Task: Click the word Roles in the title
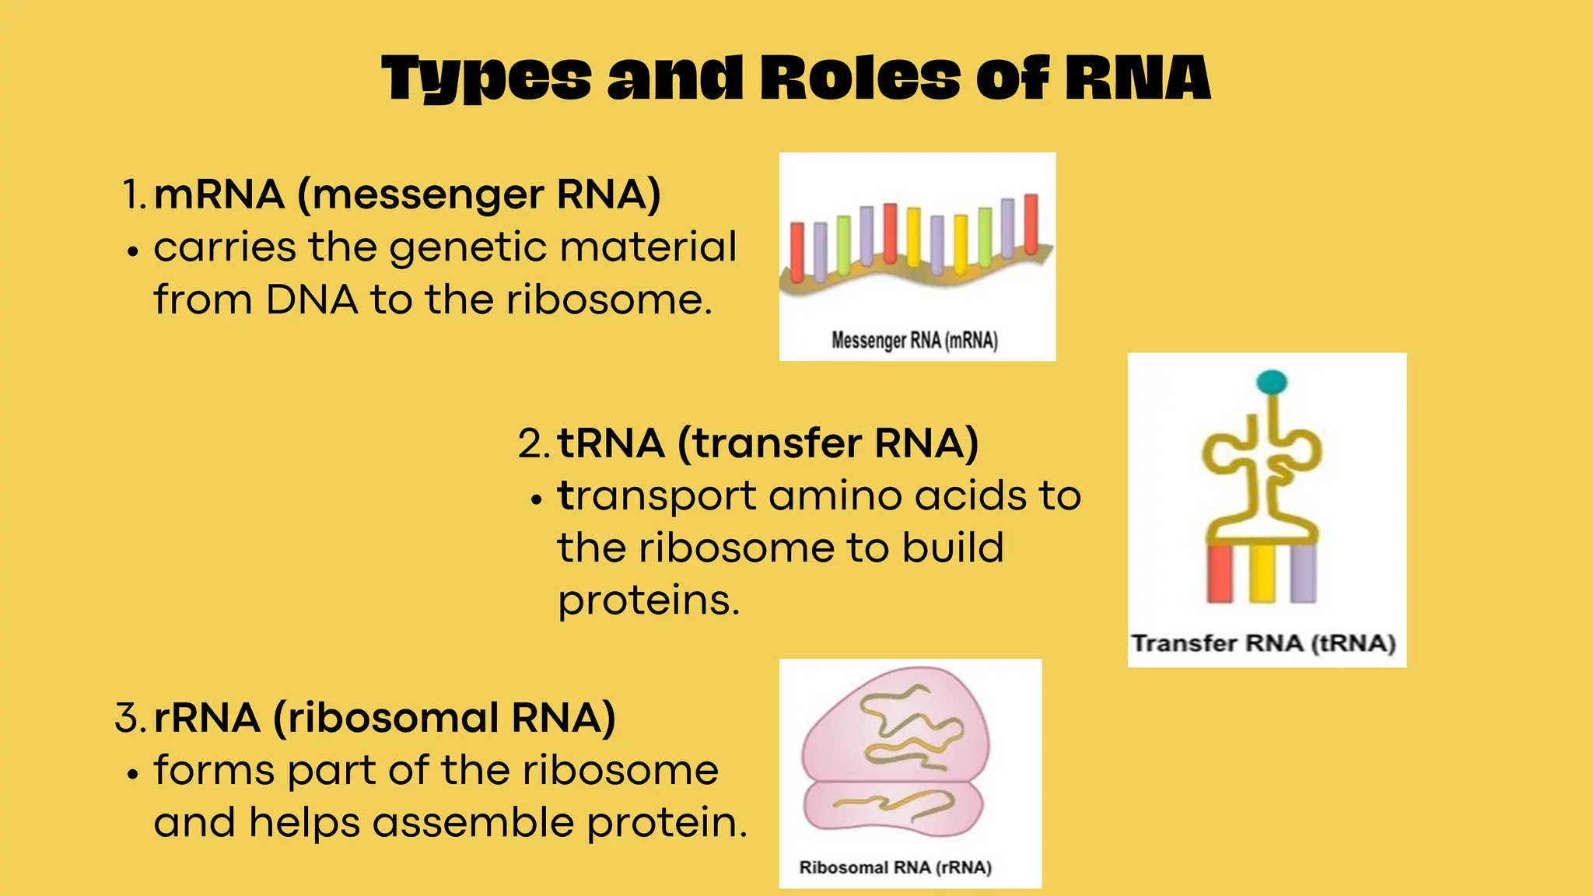860,79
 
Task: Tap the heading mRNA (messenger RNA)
407,194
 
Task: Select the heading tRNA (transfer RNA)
767,443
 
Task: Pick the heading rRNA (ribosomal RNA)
384,717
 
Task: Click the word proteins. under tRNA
649,600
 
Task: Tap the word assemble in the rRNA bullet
473,823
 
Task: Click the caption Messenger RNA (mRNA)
915,341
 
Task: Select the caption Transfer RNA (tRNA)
1263,643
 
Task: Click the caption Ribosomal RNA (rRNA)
895,867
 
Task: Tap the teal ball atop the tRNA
1272,382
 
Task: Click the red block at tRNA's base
1220,573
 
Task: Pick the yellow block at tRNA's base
1262,573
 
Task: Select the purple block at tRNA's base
1304,573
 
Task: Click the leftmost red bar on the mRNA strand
797,251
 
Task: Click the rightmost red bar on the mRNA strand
1031,224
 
